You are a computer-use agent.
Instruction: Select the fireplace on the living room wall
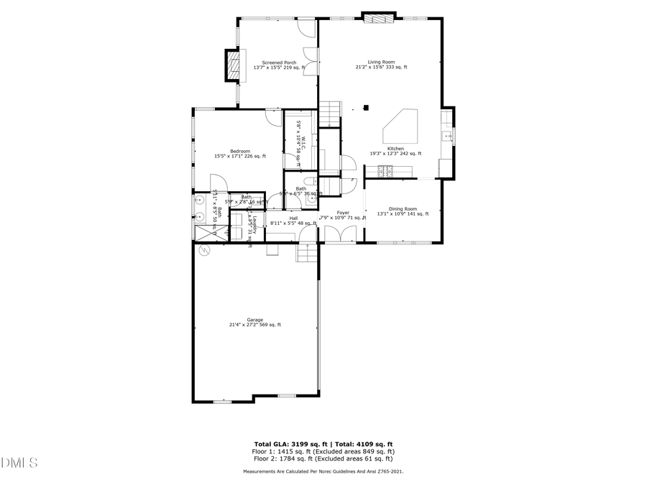click(378, 17)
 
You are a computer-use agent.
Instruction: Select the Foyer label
click(343, 213)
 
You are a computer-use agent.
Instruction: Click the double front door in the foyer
click(333, 234)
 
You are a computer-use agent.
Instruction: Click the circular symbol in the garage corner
click(203, 250)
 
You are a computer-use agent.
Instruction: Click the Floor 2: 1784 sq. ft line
click(323, 458)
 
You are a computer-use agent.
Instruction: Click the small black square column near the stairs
click(366, 108)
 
